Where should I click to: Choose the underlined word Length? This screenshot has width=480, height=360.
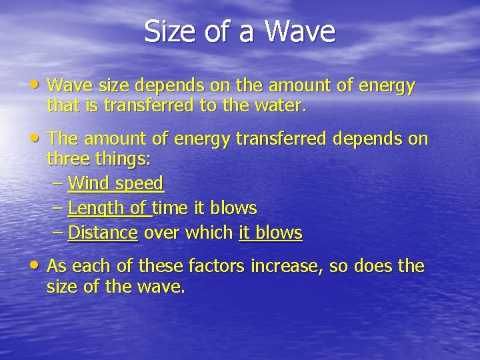point(96,208)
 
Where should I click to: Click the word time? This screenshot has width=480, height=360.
point(172,208)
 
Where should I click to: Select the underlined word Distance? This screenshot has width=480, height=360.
point(103,233)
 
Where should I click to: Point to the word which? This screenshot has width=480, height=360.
point(211,233)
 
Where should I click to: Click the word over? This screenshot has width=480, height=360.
point(161,233)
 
